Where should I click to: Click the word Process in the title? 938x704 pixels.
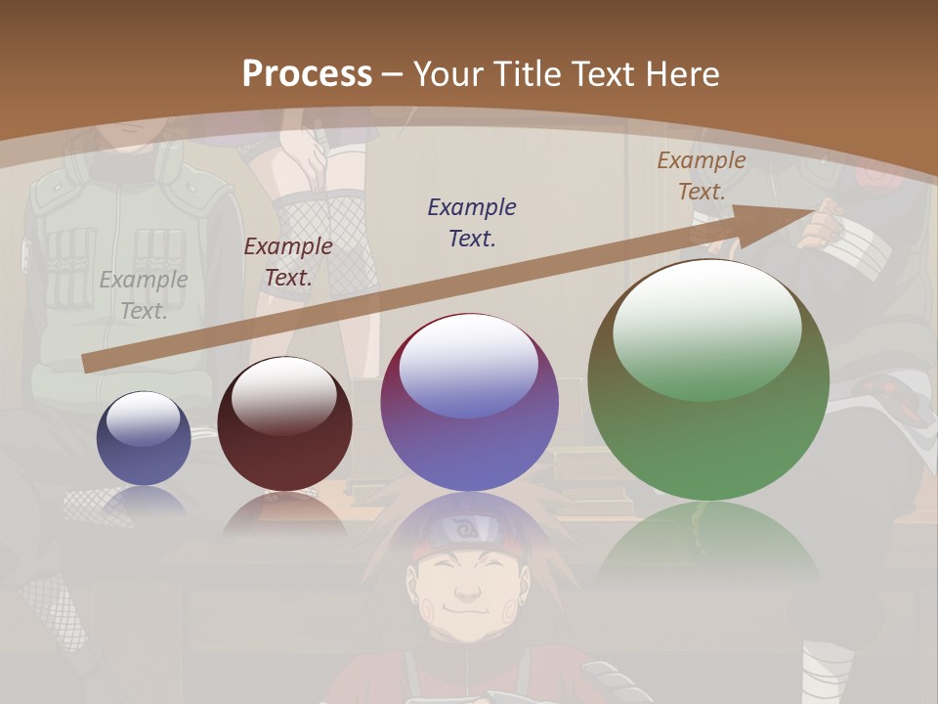point(307,74)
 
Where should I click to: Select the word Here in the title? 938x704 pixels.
point(680,74)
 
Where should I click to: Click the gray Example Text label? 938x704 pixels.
point(144,294)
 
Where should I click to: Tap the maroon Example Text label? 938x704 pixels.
point(288,261)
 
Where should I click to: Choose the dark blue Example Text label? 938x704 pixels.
point(472,222)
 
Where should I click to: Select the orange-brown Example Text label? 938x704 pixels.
point(702,175)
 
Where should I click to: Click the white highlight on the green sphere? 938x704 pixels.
point(706,328)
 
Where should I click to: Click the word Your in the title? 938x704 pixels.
point(450,74)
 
